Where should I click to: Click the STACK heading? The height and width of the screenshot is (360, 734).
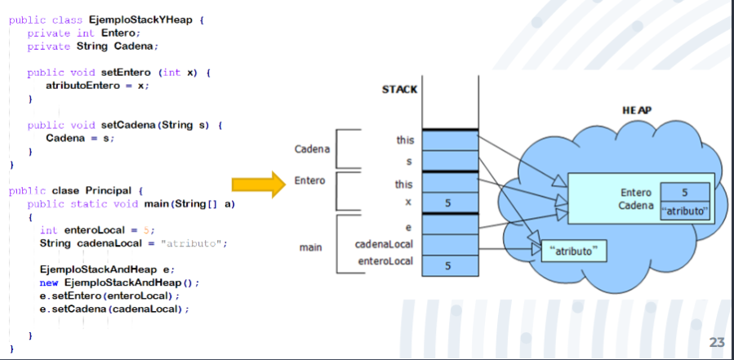point(400,89)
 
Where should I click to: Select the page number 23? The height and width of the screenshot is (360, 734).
point(717,343)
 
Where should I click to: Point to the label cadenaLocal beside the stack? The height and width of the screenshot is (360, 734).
point(384,244)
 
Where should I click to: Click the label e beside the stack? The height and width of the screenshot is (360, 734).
point(407,226)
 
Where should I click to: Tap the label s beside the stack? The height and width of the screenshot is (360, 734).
point(407,162)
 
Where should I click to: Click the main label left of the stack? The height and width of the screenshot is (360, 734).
point(310,246)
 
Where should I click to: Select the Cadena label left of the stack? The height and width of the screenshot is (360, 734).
point(312,149)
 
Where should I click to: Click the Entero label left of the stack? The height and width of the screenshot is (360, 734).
point(310,180)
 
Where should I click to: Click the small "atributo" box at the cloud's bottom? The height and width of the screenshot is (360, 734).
point(575,251)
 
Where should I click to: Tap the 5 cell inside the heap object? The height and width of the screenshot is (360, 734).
point(684,193)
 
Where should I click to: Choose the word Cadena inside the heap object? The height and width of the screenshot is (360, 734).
point(634,206)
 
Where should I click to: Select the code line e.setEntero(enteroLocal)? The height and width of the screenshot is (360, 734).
point(109,296)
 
